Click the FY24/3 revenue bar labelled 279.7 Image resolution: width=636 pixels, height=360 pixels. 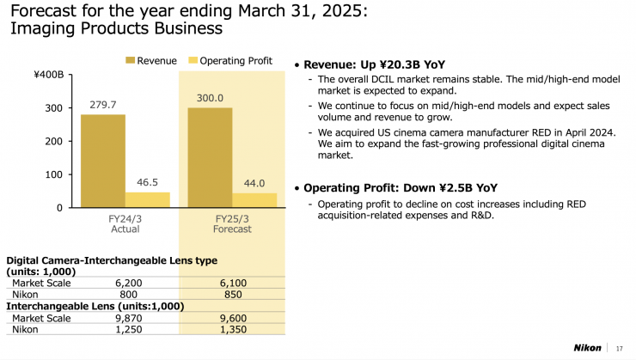tap(103, 161)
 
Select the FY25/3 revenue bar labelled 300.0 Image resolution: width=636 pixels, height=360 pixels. tap(211, 157)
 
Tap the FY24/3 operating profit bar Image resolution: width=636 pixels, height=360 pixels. tap(147, 199)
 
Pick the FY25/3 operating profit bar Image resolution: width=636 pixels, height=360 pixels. tap(254, 200)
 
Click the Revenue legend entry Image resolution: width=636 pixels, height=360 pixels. tap(150, 60)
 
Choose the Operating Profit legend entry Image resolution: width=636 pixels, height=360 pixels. tap(229, 60)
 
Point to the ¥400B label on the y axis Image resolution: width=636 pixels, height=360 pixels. tap(48, 76)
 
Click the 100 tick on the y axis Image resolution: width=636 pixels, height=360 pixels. tap(53, 174)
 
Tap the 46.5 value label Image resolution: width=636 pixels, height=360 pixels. tap(147, 183)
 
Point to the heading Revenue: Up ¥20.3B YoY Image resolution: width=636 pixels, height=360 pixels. tap(374, 64)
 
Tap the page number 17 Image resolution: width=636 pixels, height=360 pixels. tap(619, 348)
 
